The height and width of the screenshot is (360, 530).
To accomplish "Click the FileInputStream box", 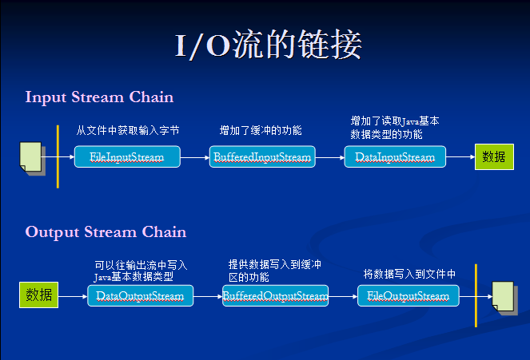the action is coord(127,156).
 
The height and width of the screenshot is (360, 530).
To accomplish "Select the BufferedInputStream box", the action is coord(262,156).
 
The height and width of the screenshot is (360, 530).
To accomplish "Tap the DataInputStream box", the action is coord(395,156).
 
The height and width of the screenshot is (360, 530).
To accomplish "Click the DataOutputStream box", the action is coord(140,295).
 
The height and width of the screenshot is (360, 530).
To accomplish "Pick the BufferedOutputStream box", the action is coord(275,295).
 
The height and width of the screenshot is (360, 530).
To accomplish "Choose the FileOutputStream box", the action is coord(408,295).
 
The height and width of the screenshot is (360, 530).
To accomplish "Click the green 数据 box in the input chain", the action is coord(494,157).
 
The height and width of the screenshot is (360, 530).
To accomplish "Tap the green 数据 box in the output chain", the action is coord(39,295).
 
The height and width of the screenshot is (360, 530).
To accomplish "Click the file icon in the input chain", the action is coord(33,158).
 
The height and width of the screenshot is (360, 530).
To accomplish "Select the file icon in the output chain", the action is coord(504,298).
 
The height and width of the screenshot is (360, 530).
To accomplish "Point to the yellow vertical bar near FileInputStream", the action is coord(58,156).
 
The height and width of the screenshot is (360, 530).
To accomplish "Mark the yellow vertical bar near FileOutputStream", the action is coord(476,295).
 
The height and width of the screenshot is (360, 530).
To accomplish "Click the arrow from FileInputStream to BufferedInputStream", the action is coord(195,157).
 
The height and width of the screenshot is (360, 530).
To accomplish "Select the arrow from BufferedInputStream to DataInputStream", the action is coord(330,157).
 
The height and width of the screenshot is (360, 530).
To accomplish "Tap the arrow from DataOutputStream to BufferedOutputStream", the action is coord(208,296).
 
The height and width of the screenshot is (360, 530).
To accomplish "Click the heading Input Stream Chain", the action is coord(99,97).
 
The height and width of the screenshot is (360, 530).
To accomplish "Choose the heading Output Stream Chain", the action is coord(106,232).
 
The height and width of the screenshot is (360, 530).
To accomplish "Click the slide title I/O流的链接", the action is coord(269,45).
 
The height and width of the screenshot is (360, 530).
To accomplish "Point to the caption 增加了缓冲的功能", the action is coord(261,130).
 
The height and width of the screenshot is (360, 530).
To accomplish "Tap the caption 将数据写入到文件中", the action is coord(409,274).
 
